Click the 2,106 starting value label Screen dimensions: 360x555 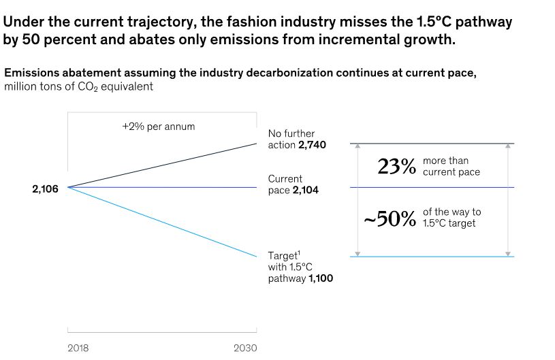pos(45,189)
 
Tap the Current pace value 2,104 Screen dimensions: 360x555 pos(305,191)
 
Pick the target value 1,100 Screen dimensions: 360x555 pos(319,278)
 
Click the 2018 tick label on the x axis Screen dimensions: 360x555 pos(78,348)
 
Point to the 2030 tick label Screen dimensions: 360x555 pos(245,348)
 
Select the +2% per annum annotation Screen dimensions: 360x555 pos(153,127)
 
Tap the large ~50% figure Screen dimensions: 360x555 pos(390,218)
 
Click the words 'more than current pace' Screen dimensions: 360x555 pos(451,167)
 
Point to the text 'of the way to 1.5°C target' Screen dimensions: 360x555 pos(451,218)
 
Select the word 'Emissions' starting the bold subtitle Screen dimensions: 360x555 pos(32,72)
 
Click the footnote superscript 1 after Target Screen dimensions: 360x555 pos(299,252)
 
